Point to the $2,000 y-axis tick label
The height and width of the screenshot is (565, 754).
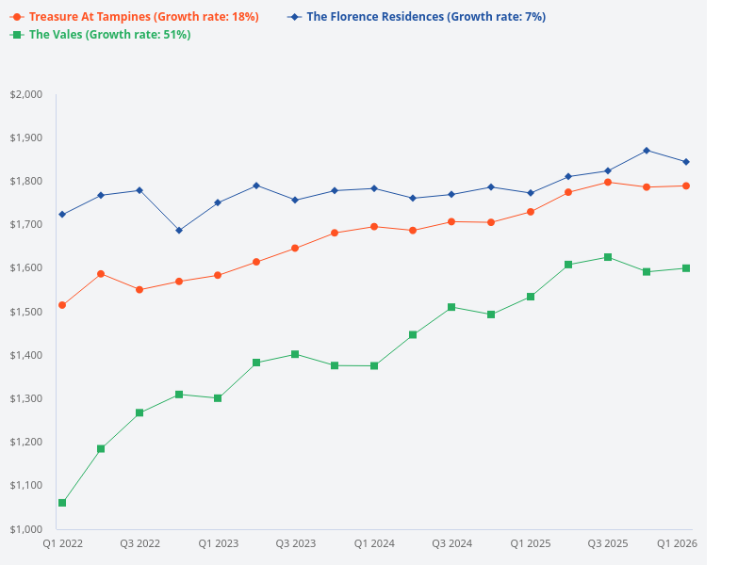[26, 94]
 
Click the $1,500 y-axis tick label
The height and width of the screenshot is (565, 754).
[26, 312]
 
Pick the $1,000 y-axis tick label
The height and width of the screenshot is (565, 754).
[26, 529]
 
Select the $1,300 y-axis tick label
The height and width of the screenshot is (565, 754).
[26, 398]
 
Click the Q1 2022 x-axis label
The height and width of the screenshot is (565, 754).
[62, 543]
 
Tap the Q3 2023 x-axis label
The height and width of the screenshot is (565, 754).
[296, 543]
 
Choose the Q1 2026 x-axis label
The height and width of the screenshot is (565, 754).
[677, 543]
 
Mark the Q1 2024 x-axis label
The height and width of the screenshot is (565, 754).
[374, 543]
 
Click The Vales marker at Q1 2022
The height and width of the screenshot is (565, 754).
[62, 503]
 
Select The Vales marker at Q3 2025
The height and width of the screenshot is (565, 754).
[608, 257]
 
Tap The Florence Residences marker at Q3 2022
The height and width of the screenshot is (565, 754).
[139, 190]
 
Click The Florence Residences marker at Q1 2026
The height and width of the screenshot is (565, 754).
[686, 162]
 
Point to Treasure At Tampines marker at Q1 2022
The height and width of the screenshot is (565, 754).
[62, 305]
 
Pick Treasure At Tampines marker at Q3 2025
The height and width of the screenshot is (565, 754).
[608, 182]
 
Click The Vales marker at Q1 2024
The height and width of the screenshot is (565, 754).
[374, 365]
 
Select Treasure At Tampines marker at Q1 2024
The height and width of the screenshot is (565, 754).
[374, 226]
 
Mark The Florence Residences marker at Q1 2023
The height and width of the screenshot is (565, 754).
[218, 202]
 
